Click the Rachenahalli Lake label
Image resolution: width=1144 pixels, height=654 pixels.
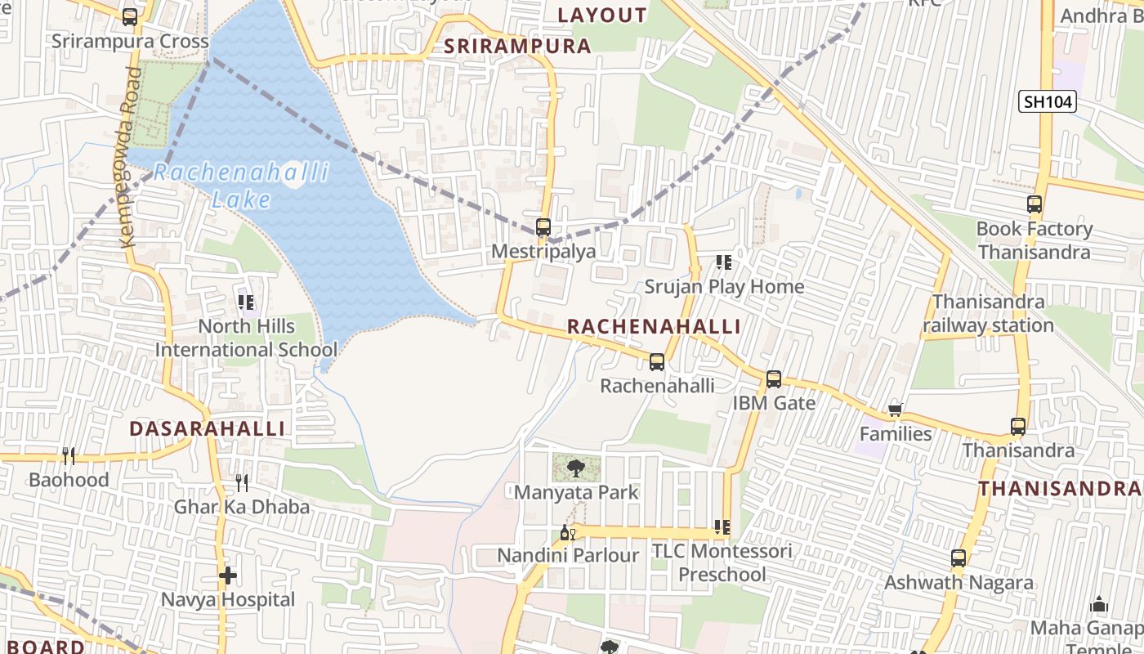pos(241,186)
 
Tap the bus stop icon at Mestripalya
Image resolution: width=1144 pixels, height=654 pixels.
pos(543,227)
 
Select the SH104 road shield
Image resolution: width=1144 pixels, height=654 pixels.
pos(1048,101)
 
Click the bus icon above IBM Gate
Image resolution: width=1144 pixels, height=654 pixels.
pos(774,379)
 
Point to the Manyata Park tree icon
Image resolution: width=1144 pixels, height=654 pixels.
pos(576,468)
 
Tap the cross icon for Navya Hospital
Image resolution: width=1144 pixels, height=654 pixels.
pos(228,576)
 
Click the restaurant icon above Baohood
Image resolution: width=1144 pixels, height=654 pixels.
pos(69,455)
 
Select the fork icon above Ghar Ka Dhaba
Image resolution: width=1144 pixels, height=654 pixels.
pos(241,482)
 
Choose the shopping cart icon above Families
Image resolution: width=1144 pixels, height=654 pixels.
pos(896,410)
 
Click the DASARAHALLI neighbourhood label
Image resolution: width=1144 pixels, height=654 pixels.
pos(208,428)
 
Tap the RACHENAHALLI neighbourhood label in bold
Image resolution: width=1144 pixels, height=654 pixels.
pos(654,327)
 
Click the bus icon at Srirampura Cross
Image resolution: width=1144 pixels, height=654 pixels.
pos(130,16)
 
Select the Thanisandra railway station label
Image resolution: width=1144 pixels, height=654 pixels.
pos(989,314)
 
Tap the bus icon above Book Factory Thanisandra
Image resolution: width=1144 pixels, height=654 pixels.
pos(1035,204)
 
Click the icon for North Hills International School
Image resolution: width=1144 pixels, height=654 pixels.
pos(247,302)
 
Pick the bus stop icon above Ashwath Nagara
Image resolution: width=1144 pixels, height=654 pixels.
pos(959,559)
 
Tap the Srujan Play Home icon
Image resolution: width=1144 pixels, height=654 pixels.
pos(723,262)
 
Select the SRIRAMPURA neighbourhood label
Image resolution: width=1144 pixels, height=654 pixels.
pos(517,46)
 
